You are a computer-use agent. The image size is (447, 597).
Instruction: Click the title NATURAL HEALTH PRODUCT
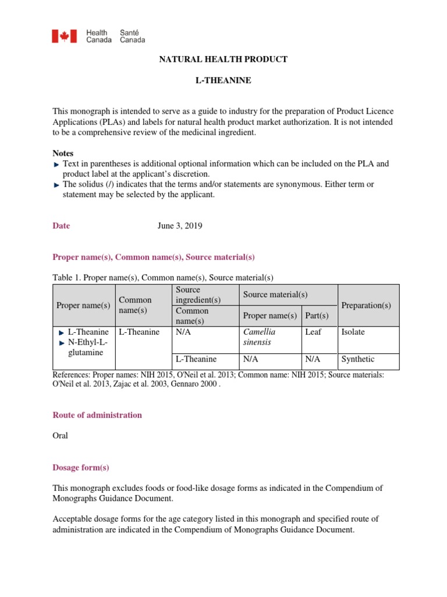(x=223, y=59)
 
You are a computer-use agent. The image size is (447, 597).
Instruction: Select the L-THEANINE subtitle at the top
(x=223, y=80)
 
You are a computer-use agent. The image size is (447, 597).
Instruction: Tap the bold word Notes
(x=63, y=153)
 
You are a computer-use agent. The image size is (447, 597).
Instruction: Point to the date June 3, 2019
(x=180, y=226)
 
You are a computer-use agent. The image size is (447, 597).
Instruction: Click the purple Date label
(x=61, y=226)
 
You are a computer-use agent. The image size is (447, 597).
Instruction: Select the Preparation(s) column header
(x=366, y=305)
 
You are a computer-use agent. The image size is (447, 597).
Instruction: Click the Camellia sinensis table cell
(x=260, y=337)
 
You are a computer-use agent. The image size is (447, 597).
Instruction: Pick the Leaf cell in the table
(x=313, y=332)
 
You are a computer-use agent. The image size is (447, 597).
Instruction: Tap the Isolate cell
(x=353, y=332)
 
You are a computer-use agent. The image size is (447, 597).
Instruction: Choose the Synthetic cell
(x=357, y=359)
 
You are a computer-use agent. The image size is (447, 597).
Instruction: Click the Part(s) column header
(x=317, y=315)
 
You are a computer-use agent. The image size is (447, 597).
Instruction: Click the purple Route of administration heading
(x=97, y=415)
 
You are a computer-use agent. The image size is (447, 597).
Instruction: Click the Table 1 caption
(x=163, y=278)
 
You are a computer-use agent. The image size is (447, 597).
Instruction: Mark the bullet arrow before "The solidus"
(x=56, y=185)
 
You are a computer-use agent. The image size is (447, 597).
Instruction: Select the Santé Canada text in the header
(x=132, y=37)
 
